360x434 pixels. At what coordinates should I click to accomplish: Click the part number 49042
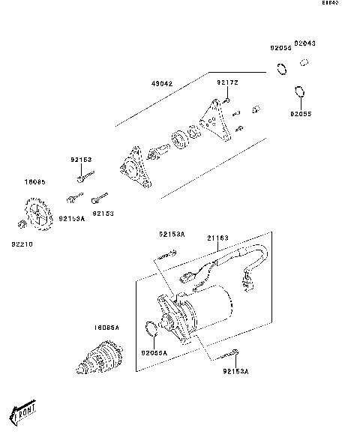coord(162,84)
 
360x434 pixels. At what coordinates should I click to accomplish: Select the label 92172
coord(227,82)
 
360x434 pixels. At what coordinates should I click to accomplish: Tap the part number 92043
coord(304,43)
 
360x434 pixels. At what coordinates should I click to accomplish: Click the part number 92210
coord(22,244)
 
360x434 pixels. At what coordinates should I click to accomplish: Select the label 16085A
coord(106,328)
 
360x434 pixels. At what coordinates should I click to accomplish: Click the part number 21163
coord(218,238)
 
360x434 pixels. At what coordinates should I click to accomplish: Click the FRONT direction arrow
coord(23,410)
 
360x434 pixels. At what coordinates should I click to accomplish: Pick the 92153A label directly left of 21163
coord(171,235)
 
